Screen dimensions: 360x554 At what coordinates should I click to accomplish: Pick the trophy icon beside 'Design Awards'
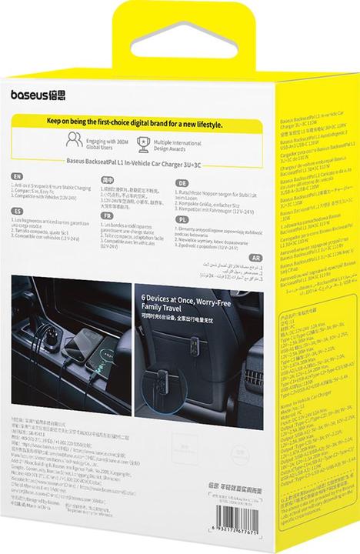(x=164, y=141)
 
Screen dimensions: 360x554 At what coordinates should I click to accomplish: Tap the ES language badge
(x=18, y=209)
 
